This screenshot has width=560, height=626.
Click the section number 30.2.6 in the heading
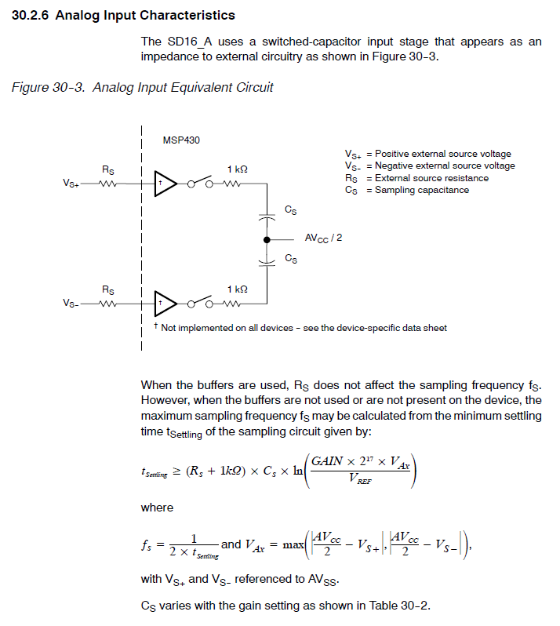click(x=31, y=16)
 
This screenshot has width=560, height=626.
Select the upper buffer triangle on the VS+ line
click(x=165, y=184)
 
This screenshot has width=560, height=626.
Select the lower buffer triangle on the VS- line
click(x=165, y=302)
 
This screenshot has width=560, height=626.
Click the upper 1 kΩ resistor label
click(x=237, y=169)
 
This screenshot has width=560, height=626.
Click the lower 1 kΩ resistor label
click(x=237, y=289)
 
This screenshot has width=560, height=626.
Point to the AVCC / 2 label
click(x=323, y=238)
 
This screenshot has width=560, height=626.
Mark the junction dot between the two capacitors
click(x=267, y=239)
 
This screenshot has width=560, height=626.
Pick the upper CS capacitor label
click(x=290, y=211)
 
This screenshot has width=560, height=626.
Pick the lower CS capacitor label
click(x=290, y=257)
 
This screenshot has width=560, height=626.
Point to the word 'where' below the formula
click(x=157, y=508)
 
